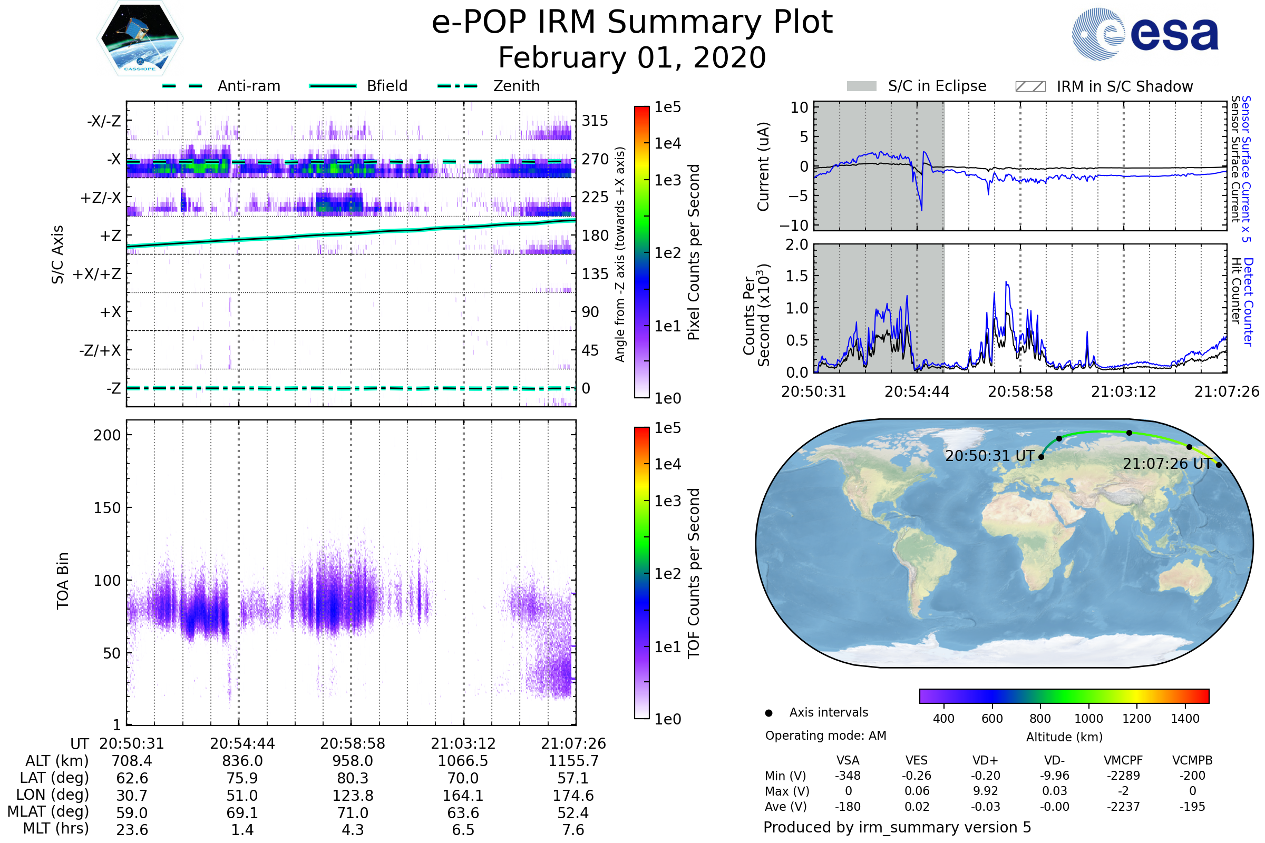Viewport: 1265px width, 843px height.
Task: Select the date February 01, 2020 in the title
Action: click(x=632, y=58)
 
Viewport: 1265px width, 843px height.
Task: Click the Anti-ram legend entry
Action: click(x=248, y=86)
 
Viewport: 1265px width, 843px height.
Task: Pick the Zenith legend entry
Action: click(x=517, y=86)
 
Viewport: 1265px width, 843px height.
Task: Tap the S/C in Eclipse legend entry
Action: click(x=937, y=86)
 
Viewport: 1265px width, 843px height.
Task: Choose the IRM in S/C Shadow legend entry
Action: click(x=1124, y=86)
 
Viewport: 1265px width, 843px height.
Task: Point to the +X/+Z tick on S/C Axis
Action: click(x=97, y=274)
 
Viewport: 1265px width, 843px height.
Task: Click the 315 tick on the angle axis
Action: click(x=595, y=121)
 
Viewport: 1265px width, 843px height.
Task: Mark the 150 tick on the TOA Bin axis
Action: click(x=107, y=508)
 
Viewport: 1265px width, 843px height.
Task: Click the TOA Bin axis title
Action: click(x=63, y=580)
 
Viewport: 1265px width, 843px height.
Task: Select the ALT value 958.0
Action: click(x=353, y=761)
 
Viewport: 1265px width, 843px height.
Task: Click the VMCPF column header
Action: click(x=1123, y=761)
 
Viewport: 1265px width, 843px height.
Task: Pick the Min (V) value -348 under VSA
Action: click(x=848, y=776)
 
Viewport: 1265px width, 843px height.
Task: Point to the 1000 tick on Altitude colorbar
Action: click(x=1088, y=719)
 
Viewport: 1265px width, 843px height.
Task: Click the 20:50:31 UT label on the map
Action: click(x=990, y=456)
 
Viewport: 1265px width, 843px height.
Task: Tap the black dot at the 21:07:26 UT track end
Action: click(x=1219, y=465)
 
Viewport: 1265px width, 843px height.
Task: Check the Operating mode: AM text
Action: click(x=825, y=736)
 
